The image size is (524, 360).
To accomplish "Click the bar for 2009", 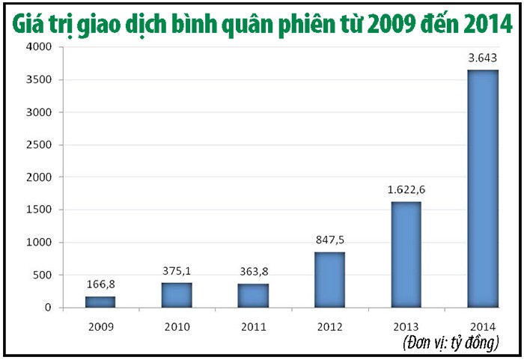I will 100,302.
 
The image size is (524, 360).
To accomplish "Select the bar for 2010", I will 177,295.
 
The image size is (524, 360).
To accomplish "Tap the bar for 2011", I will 253,296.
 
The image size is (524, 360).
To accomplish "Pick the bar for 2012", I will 329,280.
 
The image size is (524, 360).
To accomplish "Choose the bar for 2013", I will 406,254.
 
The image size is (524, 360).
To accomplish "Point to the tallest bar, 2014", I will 482,189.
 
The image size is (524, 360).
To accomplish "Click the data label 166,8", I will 100,284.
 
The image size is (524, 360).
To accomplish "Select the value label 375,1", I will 177,271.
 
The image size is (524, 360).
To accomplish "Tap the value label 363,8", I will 253,272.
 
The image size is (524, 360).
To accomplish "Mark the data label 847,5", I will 329,240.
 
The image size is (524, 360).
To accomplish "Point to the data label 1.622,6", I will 406,189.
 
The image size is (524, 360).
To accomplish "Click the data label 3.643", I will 482,58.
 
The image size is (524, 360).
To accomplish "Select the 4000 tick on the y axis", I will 40,47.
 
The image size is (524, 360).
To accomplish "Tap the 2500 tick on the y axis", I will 40,144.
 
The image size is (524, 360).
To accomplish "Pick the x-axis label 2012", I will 329,326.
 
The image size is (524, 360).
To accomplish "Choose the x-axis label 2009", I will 100,326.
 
